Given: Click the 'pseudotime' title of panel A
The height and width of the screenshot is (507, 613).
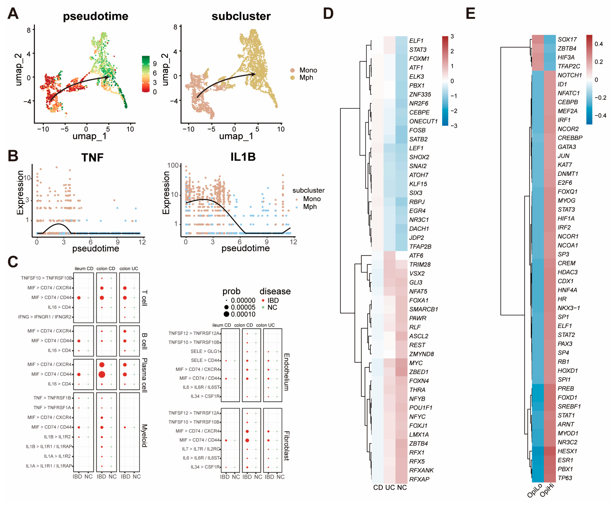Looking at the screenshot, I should (95, 16).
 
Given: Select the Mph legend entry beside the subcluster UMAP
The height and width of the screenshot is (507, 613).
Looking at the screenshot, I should (306, 78).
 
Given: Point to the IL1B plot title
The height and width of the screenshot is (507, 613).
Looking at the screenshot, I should (243, 157).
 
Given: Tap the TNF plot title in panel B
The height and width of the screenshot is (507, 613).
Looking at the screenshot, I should (92, 158).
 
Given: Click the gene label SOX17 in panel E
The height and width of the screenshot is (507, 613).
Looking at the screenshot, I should (567, 39).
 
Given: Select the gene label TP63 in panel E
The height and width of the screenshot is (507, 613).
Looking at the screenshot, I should (565, 478).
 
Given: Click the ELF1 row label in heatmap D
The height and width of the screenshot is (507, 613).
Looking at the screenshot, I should (416, 41).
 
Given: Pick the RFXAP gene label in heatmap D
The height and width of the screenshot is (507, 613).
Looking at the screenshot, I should (419, 479).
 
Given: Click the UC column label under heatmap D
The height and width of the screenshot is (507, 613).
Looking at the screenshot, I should (390, 488).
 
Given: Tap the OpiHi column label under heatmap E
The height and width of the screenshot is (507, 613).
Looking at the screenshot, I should (547, 491).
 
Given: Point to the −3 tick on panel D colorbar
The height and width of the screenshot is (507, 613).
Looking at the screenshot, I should (454, 126).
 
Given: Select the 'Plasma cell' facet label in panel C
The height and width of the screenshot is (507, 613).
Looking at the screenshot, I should (144, 375).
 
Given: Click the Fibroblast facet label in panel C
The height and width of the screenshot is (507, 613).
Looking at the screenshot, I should (287, 446).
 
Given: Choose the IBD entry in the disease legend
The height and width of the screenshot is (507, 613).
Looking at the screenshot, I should (273, 300).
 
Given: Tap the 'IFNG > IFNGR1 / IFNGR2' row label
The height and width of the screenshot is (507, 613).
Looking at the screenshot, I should (45, 317).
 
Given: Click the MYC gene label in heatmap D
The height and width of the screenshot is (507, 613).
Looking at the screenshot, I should (416, 363).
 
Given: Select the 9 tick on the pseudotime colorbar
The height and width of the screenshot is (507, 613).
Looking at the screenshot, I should (155, 64).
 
